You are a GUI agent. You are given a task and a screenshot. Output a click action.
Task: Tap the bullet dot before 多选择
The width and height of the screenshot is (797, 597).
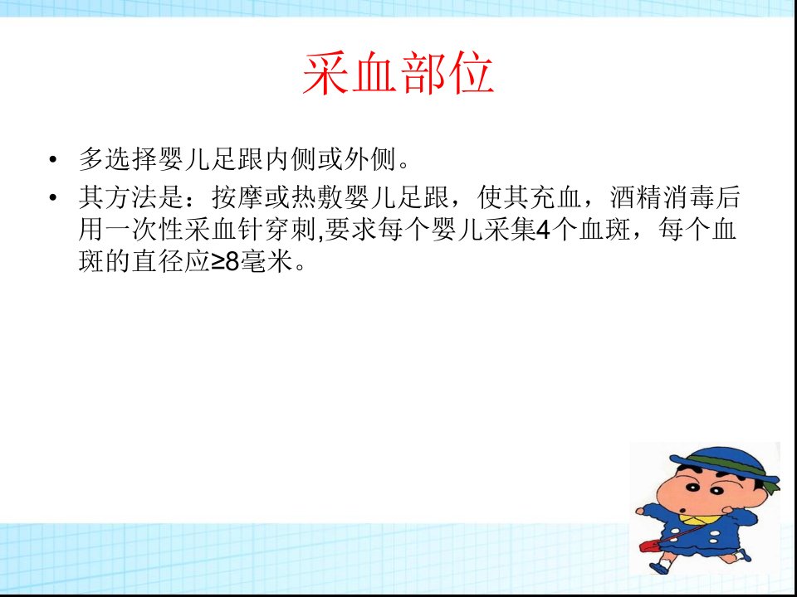pos(53,160)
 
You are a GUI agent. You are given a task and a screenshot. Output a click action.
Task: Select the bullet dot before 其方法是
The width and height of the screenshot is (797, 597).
pos(53,197)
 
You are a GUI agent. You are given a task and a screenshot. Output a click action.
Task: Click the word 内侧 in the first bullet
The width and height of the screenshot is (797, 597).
pos(290,159)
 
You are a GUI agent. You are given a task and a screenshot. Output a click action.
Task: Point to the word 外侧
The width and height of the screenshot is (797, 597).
pos(369,159)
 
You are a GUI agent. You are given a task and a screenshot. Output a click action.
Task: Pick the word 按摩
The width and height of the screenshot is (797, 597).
pos(237,197)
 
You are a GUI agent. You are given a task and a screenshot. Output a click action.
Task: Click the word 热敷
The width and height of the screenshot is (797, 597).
pos(316,197)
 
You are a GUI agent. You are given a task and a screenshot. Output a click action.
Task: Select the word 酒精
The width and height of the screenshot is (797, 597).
pos(635,197)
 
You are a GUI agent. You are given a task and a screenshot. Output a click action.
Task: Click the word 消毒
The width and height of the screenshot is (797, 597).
pos(688,197)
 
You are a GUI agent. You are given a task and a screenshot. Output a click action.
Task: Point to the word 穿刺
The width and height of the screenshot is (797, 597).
pos(291,230)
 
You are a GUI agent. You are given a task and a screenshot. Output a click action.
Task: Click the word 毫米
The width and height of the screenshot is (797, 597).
pos(266,263)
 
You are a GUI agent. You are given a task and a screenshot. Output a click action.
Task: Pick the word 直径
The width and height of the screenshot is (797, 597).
pos(158,263)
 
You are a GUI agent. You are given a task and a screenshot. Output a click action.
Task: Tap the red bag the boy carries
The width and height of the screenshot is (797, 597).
pos(648,546)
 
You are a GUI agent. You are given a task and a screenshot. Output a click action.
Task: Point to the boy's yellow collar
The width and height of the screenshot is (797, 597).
pos(701,519)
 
